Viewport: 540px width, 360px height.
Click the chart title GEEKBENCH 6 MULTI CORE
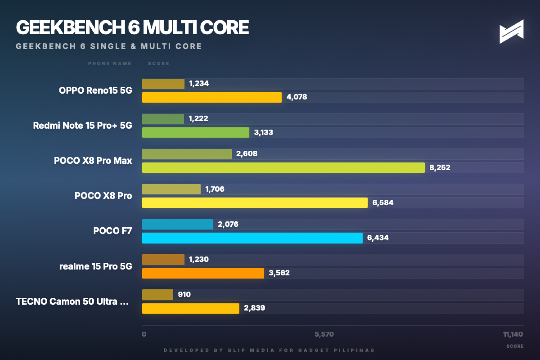(x=132, y=28)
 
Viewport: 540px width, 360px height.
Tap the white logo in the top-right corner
(x=511, y=31)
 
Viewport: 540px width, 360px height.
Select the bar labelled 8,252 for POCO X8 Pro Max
(x=283, y=168)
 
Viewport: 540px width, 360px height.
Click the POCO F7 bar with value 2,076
(x=177, y=224)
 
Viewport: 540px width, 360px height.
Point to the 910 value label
(x=184, y=294)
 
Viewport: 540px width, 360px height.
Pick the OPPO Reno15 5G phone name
(x=95, y=90)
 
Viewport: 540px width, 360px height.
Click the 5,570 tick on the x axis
(x=324, y=334)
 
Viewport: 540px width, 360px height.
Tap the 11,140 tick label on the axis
(x=513, y=334)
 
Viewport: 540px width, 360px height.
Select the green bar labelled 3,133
(x=195, y=132)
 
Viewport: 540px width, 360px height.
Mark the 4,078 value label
(x=297, y=97)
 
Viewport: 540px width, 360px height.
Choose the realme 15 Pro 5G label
(x=96, y=266)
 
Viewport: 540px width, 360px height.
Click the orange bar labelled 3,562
(x=203, y=273)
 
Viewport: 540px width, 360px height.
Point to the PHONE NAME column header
(x=110, y=64)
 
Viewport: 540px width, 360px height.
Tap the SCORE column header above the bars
(x=159, y=64)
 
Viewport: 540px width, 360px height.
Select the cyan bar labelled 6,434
(x=252, y=238)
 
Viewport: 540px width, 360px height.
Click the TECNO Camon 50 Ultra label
(x=72, y=301)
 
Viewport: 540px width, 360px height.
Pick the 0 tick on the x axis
(x=144, y=334)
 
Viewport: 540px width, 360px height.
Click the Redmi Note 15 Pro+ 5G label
(x=82, y=125)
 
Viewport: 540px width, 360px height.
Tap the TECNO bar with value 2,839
(x=190, y=308)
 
